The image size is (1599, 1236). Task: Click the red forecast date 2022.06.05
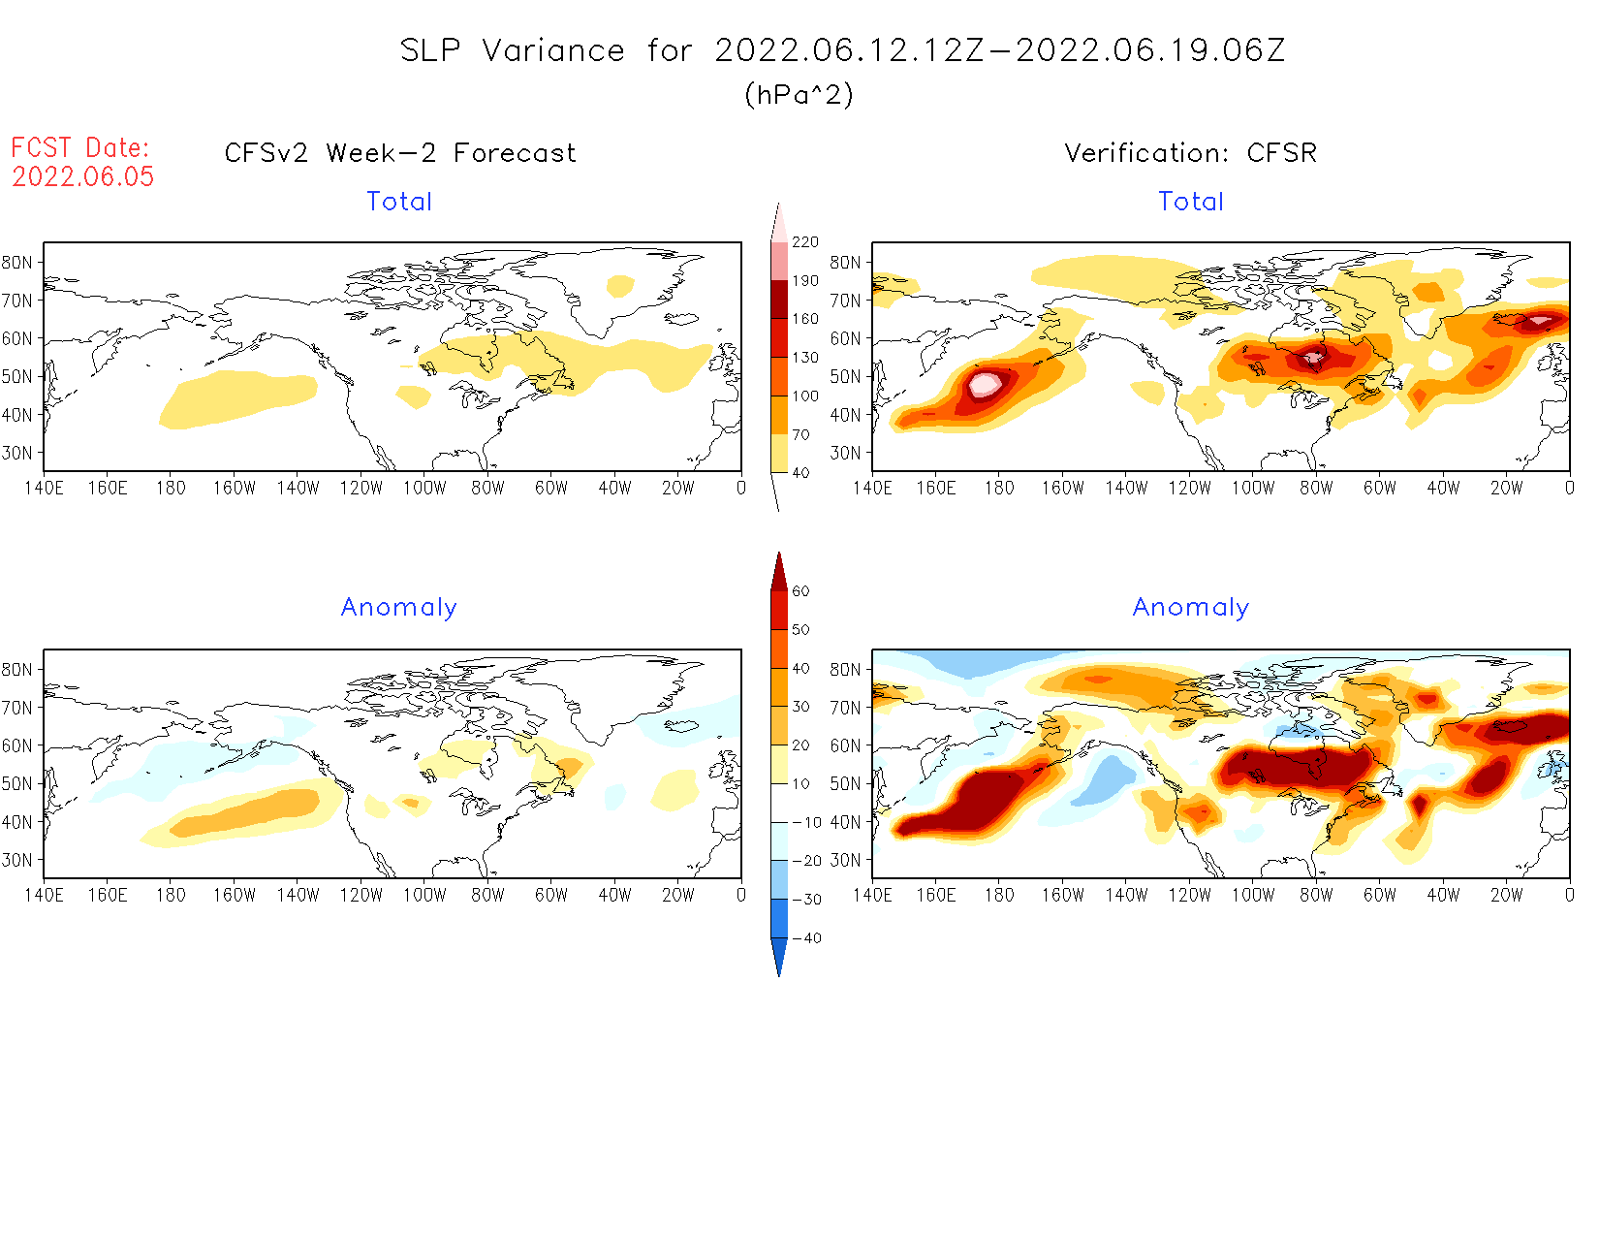coord(83,176)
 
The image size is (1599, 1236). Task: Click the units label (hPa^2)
coord(799,94)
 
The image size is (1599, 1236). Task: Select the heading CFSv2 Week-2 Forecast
coord(399,153)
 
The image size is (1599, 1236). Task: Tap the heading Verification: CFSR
coord(1190,153)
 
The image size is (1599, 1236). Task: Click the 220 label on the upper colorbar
coord(804,242)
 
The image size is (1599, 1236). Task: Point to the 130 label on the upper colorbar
coord(804,358)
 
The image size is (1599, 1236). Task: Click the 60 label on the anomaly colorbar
coord(800,591)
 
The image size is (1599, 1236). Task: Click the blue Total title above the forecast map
coord(399,202)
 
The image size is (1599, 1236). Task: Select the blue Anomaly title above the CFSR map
coord(1190,607)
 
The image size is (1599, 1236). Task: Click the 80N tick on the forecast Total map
coord(17,263)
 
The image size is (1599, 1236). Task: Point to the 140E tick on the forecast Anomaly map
coord(44,895)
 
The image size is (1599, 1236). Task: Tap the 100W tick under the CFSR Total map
coord(1252,488)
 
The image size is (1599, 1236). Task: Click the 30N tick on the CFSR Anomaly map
coord(845,860)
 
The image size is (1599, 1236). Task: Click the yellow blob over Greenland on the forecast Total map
coord(619,286)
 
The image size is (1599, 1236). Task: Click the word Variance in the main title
coord(553,50)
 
